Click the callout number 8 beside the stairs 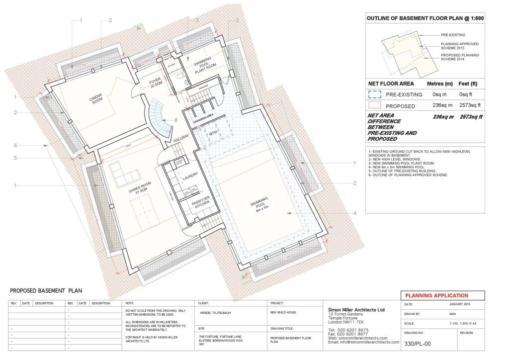click(x=176, y=120)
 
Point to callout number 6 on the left click(x=15, y=145)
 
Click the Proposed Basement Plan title click(x=46, y=291)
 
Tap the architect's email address click(x=363, y=343)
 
